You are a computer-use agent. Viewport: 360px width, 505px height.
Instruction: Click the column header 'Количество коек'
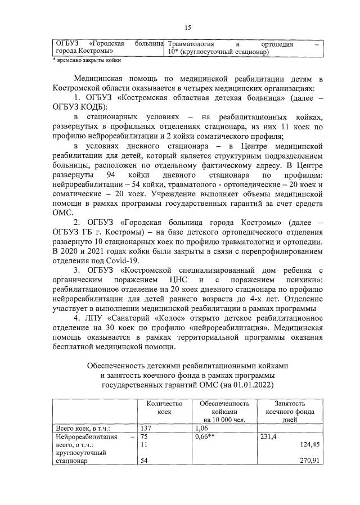[164, 407]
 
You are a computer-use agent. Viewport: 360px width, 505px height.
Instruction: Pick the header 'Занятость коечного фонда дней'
[290, 411]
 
